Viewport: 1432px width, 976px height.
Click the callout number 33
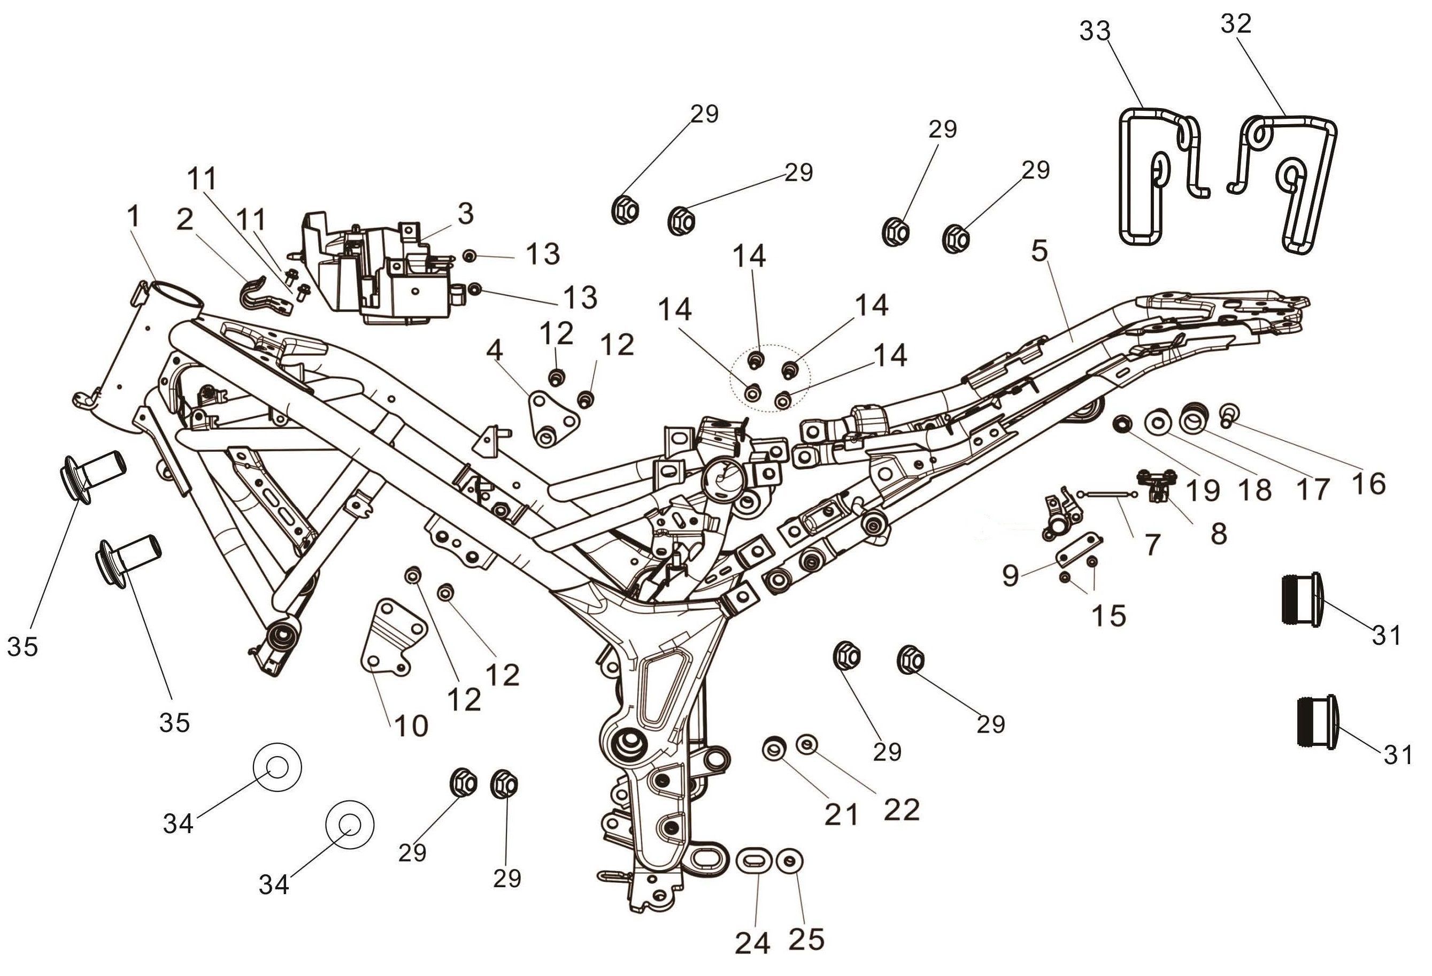pos(1095,31)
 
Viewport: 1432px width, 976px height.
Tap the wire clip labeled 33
pos(1140,179)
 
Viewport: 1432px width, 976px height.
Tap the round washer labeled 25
pos(789,861)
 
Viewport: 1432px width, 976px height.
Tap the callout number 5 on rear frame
pos(1040,251)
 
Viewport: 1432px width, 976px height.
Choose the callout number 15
pos(1108,615)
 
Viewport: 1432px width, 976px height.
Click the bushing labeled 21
pos(774,749)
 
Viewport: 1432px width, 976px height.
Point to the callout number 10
pos(411,726)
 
